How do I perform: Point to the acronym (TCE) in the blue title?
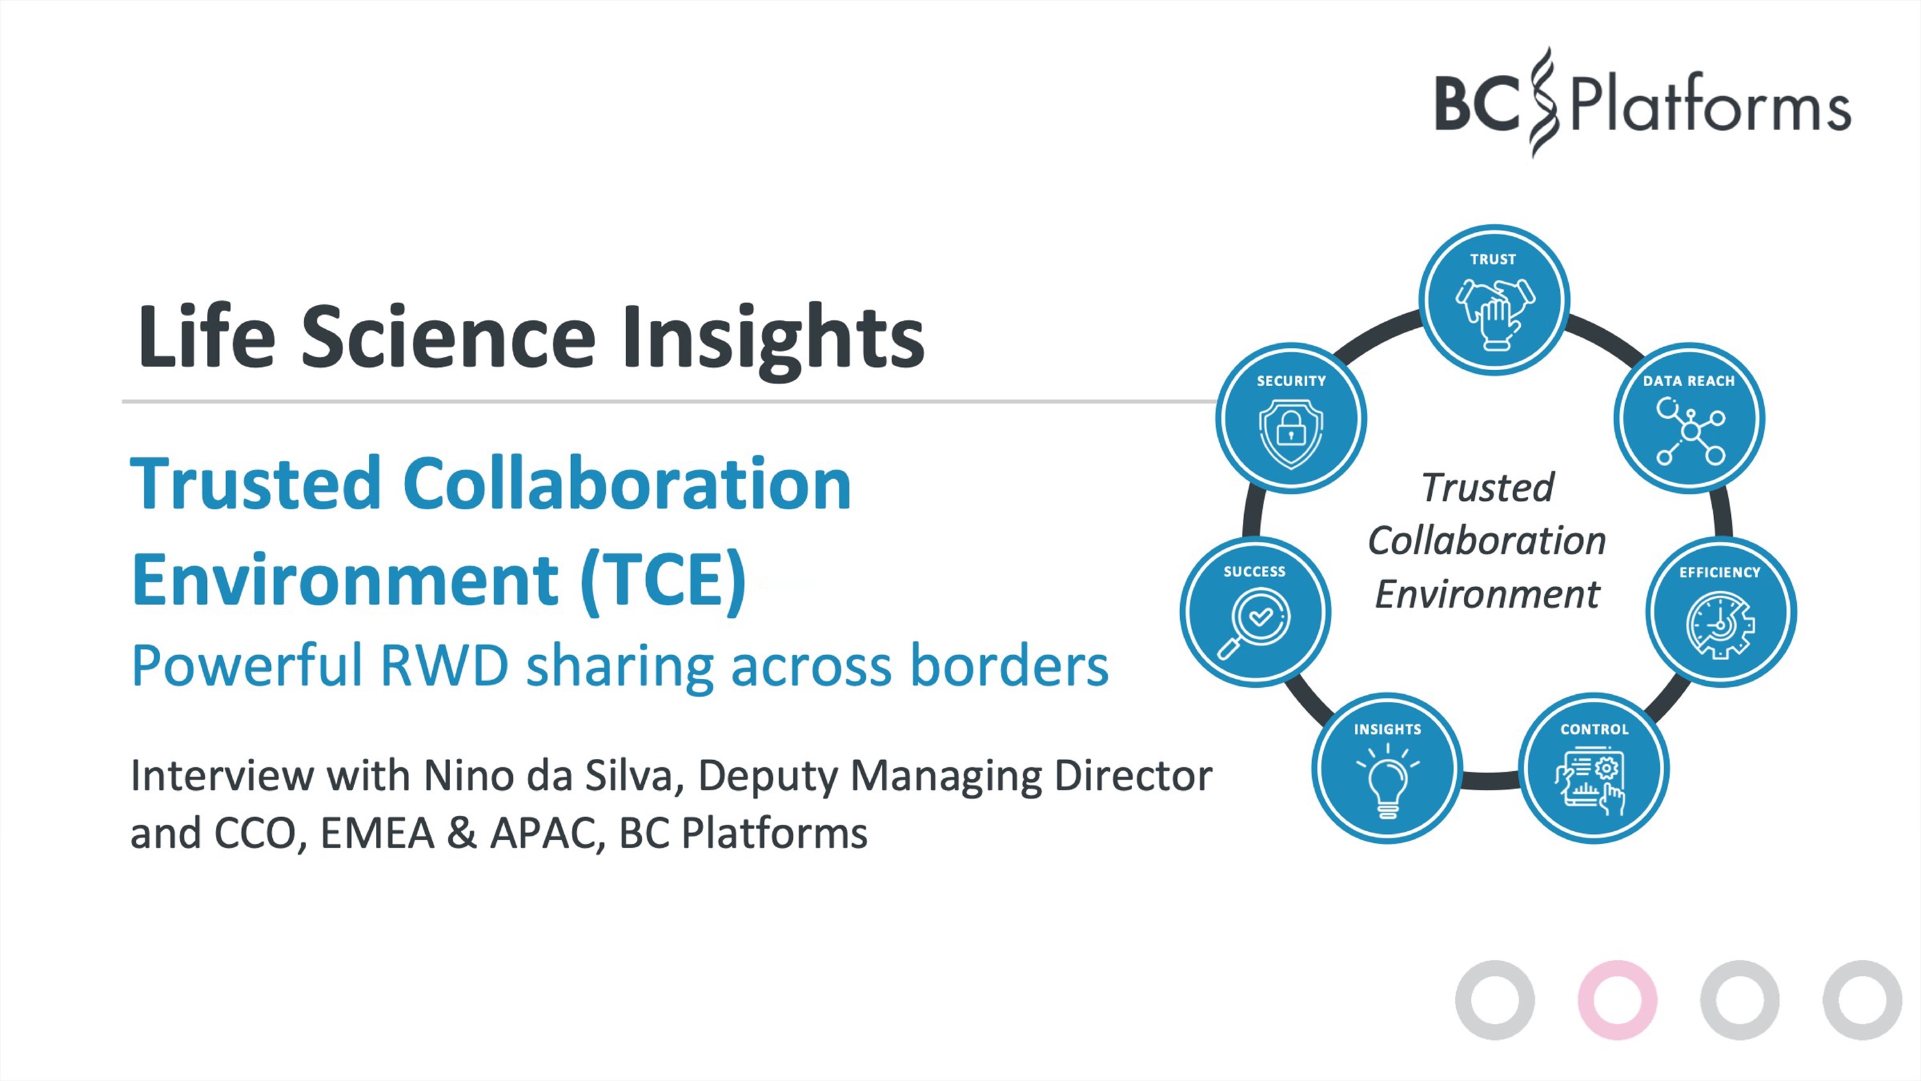(x=663, y=580)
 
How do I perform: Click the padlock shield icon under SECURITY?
(x=1291, y=434)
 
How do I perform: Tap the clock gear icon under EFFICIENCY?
(x=1721, y=625)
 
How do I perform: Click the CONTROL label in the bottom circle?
(x=1594, y=729)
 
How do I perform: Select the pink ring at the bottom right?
(x=1617, y=1000)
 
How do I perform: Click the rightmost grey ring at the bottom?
(x=1862, y=1000)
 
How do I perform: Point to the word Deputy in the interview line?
(x=768, y=777)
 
